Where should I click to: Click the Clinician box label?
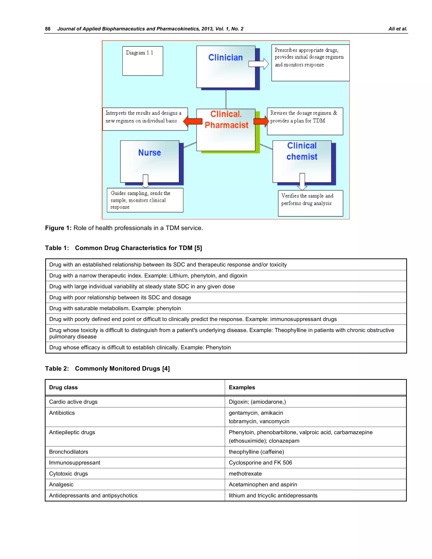(225, 58)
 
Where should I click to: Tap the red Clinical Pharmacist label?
(226, 120)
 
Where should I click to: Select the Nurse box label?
(150, 153)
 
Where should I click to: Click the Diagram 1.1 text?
(139, 53)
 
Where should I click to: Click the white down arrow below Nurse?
(145, 181)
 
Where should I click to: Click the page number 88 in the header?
(48, 29)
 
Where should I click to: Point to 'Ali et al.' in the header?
(397, 29)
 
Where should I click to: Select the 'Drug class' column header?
(63, 388)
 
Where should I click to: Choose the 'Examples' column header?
(242, 388)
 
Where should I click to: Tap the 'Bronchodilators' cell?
(69, 452)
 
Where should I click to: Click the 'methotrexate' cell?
(245, 474)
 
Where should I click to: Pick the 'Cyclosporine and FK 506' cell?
(260, 463)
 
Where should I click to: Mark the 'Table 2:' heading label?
(57, 369)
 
